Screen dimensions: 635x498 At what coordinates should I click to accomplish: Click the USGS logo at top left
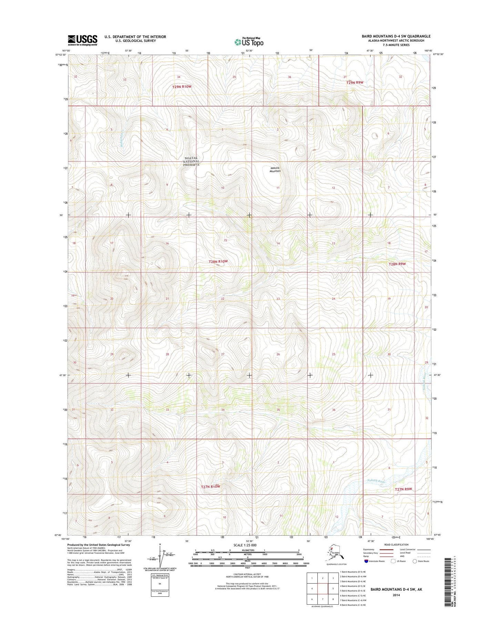point(82,40)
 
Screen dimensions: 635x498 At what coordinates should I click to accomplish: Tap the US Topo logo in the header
point(249,42)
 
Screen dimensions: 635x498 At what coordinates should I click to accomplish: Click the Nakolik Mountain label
point(275,170)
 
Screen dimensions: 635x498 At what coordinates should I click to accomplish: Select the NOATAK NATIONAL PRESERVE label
point(191,161)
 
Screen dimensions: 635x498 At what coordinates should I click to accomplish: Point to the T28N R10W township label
point(218,261)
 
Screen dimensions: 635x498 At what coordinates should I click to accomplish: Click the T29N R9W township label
point(355,83)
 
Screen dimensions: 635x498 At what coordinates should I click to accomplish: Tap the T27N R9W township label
point(403,489)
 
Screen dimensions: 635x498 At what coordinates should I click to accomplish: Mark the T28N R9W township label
point(397,264)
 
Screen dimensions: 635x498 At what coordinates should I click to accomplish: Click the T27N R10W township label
point(210,486)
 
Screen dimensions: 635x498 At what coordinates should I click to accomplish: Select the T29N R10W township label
point(182,87)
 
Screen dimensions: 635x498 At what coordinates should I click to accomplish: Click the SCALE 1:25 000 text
point(245,545)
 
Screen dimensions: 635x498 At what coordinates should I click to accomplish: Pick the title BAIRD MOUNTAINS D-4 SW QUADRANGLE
point(396,36)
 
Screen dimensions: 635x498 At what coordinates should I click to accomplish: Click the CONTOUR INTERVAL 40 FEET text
point(247,574)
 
